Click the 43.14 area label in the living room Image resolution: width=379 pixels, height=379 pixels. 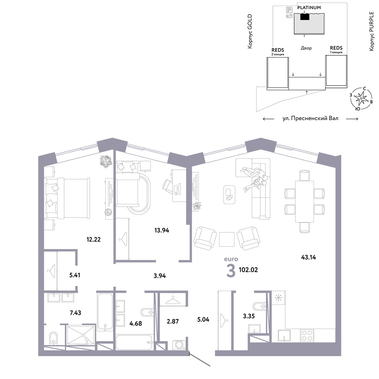pyautogui.click(x=309, y=257)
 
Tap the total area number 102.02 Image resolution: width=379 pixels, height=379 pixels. pyautogui.click(x=248, y=270)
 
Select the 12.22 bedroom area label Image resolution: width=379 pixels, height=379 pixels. pyautogui.click(x=94, y=240)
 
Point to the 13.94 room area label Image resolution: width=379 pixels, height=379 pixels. pyautogui.click(x=162, y=230)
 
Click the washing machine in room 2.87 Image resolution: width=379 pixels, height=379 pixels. pyautogui.click(x=179, y=345)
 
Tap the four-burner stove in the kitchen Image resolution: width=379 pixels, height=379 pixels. pyautogui.click(x=307, y=335)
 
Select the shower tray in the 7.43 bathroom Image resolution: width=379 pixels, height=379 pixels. pyautogui.click(x=80, y=335)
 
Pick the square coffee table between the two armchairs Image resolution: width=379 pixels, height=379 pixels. pyautogui.click(x=227, y=239)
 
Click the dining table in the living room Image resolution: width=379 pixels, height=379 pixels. pyautogui.click(x=305, y=201)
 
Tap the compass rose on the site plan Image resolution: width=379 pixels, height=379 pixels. pyautogui.click(x=361, y=99)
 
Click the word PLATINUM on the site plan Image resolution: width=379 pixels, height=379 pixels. pyautogui.click(x=309, y=8)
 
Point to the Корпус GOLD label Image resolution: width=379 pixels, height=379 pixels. pyautogui.click(x=250, y=31)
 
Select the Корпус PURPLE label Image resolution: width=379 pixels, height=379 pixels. pyautogui.click(x=371, y=31)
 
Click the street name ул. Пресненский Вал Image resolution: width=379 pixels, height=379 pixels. pyautogui.click(x=310, y=118)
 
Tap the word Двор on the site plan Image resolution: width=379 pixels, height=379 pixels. pyautogui.click(x=306, y=48)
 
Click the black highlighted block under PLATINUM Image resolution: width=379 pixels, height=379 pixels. pyautogui.click(x=305, y=17)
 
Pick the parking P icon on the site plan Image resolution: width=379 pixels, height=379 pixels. pyautogui.click(x=289, y=10)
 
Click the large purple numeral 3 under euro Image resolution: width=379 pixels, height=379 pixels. pyautogui.click(x=231, y=271)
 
